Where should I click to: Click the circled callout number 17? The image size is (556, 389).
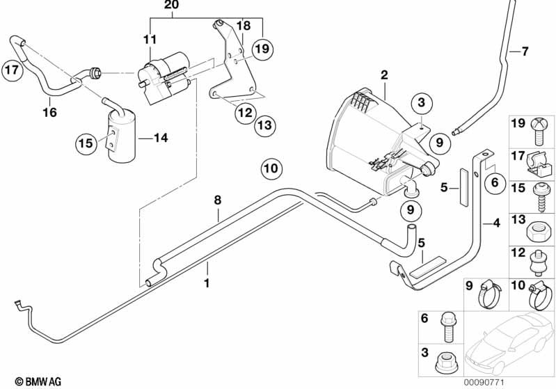coord(12,70)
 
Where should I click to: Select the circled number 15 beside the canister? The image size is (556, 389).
coord(86,143)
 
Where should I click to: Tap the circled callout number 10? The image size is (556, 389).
coord(271,168)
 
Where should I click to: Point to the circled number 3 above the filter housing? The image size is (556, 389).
coord(421,102)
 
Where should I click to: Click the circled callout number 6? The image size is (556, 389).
coord(495,182)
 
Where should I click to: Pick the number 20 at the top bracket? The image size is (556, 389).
coord(172,5)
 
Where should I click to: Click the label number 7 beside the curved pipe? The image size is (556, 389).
coord(525,51)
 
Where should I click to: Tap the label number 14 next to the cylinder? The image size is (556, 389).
coord(161,138)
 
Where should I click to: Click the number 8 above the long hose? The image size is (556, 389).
coord(217,200)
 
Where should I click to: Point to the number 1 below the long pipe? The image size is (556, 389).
coord(207,283)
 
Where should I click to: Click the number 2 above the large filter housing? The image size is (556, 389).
coord(384,75)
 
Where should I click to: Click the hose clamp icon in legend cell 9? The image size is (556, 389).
coord(491,295)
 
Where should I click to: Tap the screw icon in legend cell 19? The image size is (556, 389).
coord(539,132)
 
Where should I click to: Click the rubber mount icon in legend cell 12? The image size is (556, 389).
coord(539,264)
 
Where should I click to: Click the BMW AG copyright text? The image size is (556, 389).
coord(38,382)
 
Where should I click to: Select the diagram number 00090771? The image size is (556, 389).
coord(484,382)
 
